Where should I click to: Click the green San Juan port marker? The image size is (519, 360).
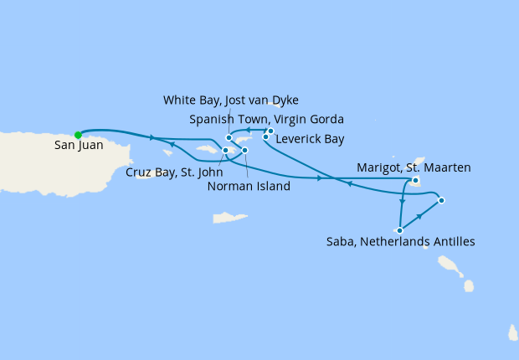(78, 134)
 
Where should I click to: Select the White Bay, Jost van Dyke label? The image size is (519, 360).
(230, 100)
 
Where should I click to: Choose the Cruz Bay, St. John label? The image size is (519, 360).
(167, 172)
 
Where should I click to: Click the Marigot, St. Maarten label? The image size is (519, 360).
(414, 167)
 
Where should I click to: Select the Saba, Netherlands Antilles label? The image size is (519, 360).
(400, 242)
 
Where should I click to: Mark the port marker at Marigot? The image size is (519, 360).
(415, 180)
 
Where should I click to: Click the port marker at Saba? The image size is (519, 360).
(400, 230)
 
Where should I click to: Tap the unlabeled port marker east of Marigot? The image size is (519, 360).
(441, 200)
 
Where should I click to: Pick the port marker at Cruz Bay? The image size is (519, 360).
(225, 151)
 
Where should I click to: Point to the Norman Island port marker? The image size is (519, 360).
(244, 151)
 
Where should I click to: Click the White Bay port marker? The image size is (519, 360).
(229, 138)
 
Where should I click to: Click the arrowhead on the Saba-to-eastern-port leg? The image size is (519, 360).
(419, 215)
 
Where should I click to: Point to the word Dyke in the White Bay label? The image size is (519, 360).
(284, 100)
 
